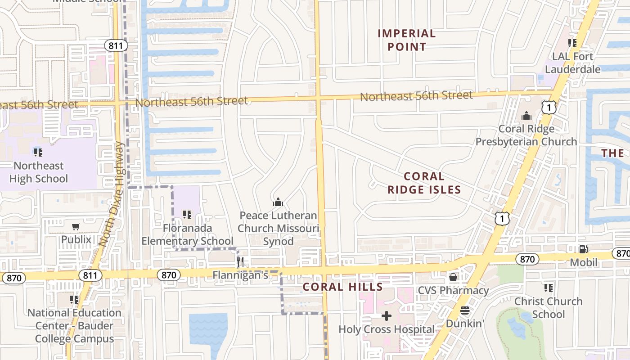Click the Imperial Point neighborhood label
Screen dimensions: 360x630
pyautogui.click(x=406, y=40)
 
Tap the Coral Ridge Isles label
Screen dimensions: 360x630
pyautogui.click(x=424, y=183)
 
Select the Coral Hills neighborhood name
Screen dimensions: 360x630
pyautogui.click(x=342, y=287)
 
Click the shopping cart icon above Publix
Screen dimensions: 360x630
pyautogui.click(x=76, y=226)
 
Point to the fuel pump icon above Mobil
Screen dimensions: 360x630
pyautogui.click(x=583, y=249)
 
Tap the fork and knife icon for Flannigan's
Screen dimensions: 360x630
pyautogui.click(x=241, y=262)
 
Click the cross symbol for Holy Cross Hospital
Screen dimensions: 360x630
pyautogui.click(x=387, y=316)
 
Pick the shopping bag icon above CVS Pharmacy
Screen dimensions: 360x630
pyautogui.click(x=453, y=277)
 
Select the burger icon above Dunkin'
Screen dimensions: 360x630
pyautogui.click(x=465, y=310)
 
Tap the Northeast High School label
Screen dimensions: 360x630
pyautogui.click(x=39, y=172)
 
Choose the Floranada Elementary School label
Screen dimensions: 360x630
pyautogui.click(x=187, y=234)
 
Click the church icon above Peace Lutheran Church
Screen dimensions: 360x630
pyautogui.click(x=278, y=202)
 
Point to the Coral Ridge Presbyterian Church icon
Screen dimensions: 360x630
pyautogui.click(x=526, y=116)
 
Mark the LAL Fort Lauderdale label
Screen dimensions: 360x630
pyautogui.click(x=572, y=63)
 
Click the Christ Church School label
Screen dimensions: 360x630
pyautogui.click(x=548, y=307)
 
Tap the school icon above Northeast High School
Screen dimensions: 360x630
pyautogui.click(x=38, y=153)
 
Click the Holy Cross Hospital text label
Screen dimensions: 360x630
pyautogui.click(x=387, y=329)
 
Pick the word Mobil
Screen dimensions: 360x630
pyautogui.click(x=583, y=262)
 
